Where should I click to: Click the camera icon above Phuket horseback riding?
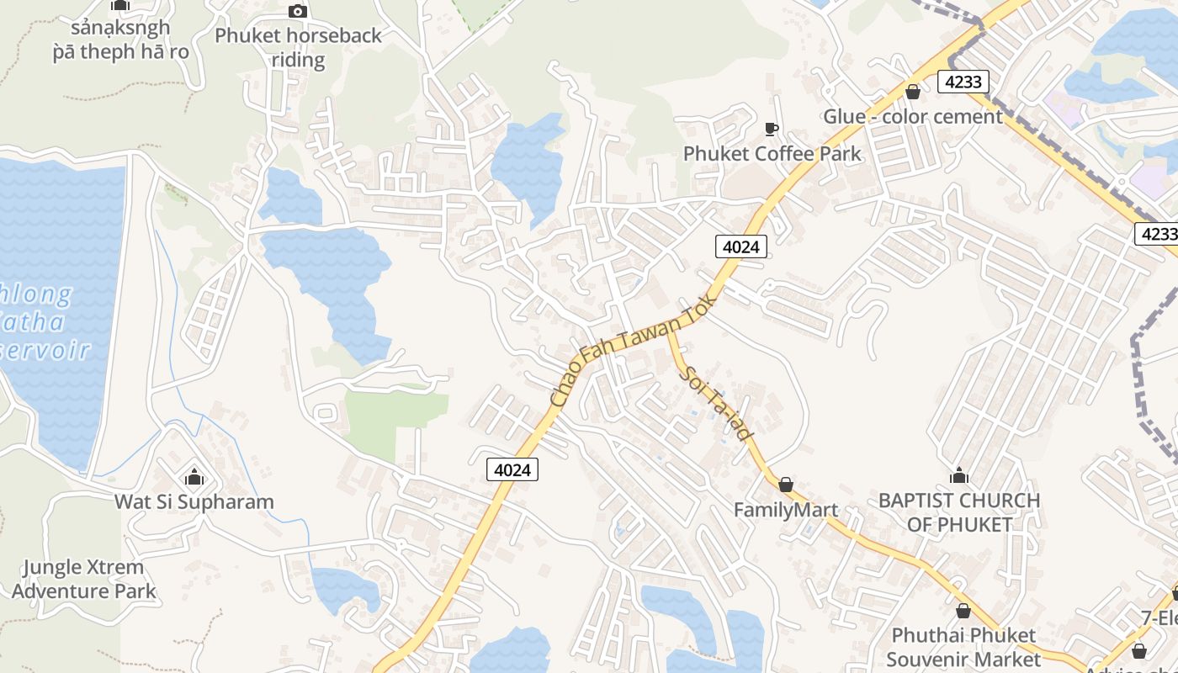[297, 11]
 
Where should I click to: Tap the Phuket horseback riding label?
[298, 47]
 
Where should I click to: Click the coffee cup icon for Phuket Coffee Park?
[771, 129]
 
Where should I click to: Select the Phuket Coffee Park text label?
[772, 153]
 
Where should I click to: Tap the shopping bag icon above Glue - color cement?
[912, 91]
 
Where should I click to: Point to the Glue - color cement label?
[912, 116]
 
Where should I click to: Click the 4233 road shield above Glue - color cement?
[963, 82]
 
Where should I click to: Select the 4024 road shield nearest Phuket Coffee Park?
[741, 246]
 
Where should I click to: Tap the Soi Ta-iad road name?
[715, 403]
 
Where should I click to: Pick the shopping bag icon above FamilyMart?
[785, 485]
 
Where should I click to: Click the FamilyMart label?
[785, 510]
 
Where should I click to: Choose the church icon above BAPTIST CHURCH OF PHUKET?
[958, 476]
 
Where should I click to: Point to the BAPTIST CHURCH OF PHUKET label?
[958, 512]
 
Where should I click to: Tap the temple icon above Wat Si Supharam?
[194, 477]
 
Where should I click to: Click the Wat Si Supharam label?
[194, 502]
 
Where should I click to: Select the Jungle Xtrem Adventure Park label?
[83, 579]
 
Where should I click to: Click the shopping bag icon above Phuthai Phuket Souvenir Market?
[963, 610]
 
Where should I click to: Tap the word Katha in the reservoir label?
[34, 322]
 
